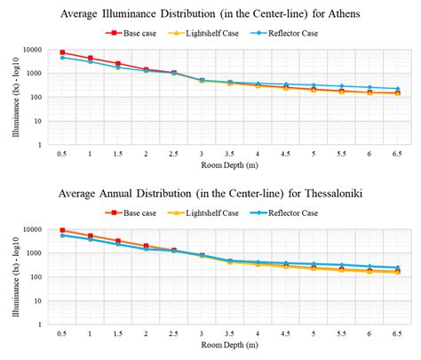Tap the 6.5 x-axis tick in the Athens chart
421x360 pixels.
tap(397, 154)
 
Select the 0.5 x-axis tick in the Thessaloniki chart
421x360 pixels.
tap(62, 332)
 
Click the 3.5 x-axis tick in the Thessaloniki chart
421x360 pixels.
tap(229, 332)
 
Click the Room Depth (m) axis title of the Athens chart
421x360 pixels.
tap(227, 166)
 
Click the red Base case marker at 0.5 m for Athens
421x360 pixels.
tap(62, 53)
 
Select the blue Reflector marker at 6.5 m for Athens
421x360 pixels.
tap(397, 89)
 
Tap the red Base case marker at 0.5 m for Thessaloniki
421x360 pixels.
tap(62, 230)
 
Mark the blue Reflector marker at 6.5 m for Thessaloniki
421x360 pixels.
tap(397, 268)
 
